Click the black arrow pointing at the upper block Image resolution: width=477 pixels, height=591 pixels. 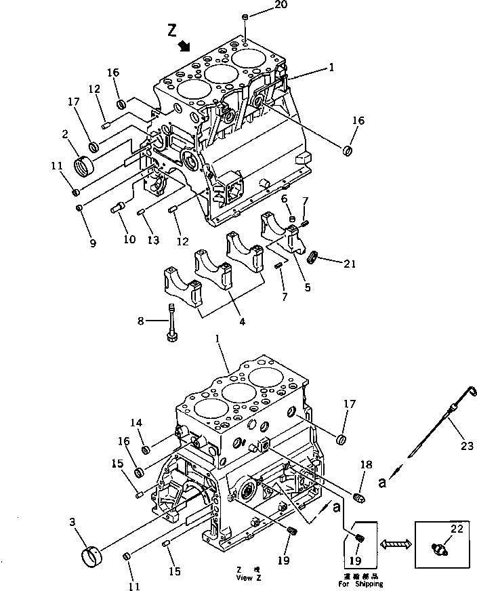[x=184, y=45]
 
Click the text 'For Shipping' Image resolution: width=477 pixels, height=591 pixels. [x=360, y=584]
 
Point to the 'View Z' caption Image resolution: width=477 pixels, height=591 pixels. [x=244, y=578]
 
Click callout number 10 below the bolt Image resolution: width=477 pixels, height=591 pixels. [x=129, y=240]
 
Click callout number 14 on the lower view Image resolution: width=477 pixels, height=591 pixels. [x=137, y=423]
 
